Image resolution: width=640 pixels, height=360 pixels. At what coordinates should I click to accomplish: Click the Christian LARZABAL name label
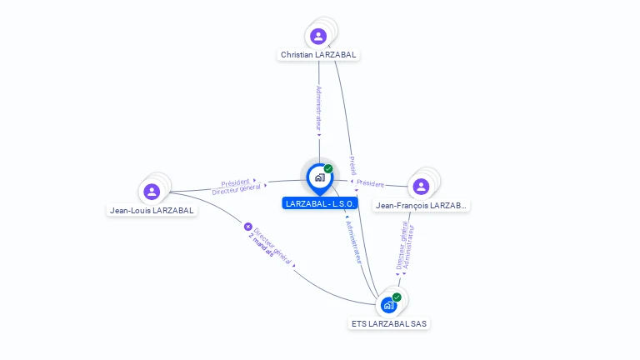pos(318,54)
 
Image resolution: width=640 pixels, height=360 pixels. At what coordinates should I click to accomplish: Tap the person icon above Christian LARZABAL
pos(318,36)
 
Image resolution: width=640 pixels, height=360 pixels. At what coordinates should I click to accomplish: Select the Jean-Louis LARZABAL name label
pos(152,210)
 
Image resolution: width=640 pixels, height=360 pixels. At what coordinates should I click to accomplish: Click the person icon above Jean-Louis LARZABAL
pos(152,192)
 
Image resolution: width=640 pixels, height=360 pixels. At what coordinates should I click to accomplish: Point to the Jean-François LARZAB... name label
pos(422,205)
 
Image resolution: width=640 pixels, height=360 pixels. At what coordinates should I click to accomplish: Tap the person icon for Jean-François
pos(421,186)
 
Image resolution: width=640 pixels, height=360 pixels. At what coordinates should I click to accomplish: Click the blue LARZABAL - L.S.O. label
pos(320,203)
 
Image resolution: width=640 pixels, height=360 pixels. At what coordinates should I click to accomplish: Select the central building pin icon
pos(319,177)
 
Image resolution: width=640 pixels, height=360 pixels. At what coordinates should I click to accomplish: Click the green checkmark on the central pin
pos(328,168)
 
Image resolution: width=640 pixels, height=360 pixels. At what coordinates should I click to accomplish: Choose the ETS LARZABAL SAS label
pos(390,323)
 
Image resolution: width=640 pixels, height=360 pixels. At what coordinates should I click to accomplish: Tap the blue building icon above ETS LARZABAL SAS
pos(388,305)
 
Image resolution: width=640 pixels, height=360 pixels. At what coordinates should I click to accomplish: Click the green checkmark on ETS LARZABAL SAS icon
pos(397,297)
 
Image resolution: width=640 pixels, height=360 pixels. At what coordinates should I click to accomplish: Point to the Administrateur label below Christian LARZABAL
pos(318,108)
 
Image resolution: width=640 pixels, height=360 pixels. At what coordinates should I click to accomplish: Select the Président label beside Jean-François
pos(370,184)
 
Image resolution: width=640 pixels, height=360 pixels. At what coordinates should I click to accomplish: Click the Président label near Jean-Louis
pos(235,182)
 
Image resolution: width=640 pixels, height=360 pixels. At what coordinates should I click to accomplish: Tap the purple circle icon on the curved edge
pos(247,226)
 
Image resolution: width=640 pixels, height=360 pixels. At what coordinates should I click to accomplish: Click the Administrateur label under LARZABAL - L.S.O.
pos(353,242)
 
